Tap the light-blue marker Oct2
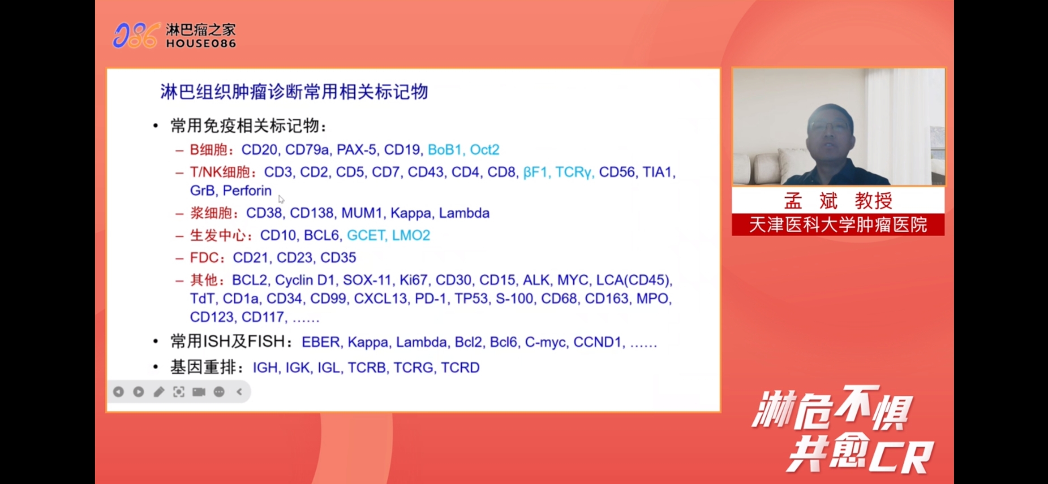(x=485, y=150)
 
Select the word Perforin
(x=247, y=190)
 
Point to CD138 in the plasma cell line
(x=312, y=213)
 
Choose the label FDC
(x=204, y=258)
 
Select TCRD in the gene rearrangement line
(x=460, y=367)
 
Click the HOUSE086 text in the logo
(x=201, y=43)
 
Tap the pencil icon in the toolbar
(x=159, y=392)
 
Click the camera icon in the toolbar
(x=199, y=392)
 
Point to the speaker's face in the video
(x=829, y=132)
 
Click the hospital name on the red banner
(x=838, y=225)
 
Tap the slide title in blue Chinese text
(x=294, y=92)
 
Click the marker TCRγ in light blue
(x=575, y=172)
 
